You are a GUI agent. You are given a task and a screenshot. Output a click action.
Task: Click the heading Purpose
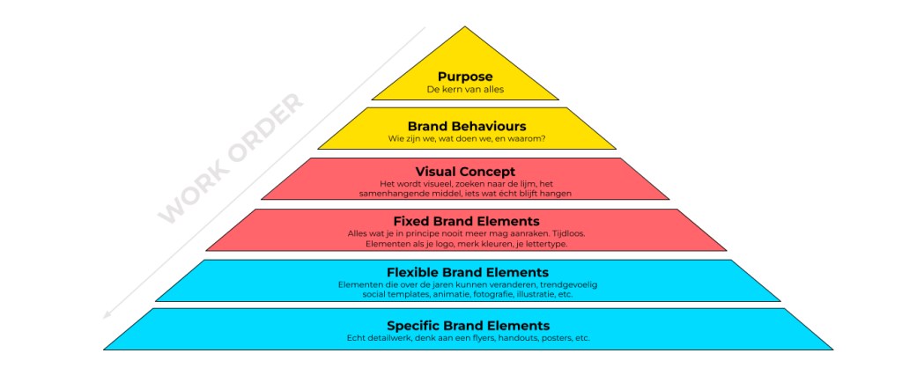pos(465,77)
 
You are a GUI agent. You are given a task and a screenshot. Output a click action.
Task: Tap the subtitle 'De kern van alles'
pos(465,90)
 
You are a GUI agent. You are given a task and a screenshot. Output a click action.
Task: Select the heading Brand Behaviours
pos(467,126)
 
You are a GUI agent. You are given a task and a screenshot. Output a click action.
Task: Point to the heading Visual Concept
pos(465,172)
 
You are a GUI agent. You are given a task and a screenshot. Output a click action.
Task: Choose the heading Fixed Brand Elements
pos(467,221)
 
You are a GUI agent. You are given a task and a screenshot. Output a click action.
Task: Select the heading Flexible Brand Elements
pos(468,272)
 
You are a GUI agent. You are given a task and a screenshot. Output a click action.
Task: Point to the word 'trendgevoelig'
pos(570,284)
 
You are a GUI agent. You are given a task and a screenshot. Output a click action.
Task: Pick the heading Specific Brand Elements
pos(469,325)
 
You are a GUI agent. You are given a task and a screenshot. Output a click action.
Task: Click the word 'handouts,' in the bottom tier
pos(516,338)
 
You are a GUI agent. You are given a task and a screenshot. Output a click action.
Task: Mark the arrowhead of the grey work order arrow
pos(107,315)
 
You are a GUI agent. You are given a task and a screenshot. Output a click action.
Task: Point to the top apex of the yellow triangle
pos(465,26)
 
